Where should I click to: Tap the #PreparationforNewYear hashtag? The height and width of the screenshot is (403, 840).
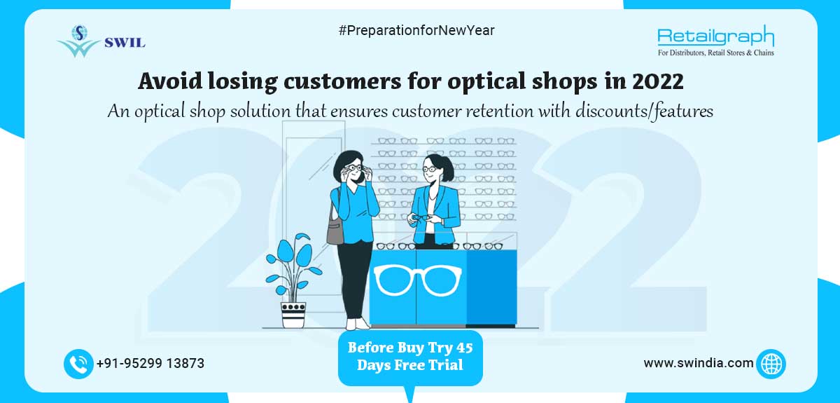pos(416,30)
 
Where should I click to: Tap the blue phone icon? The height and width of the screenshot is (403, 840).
pos(78,364)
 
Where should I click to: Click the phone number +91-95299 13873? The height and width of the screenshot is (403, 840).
pos(150,364)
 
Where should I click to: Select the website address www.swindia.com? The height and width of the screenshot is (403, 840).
pos(699,363)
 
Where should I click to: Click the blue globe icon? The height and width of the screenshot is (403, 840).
pos(771,364)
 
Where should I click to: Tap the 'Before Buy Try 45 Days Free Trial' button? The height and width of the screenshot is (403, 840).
pos(410,356)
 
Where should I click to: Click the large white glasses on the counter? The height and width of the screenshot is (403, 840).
pos(417,279)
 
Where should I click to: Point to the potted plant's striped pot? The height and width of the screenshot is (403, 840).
pos(293,314)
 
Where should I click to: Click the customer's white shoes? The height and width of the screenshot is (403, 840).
pos(358,324)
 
